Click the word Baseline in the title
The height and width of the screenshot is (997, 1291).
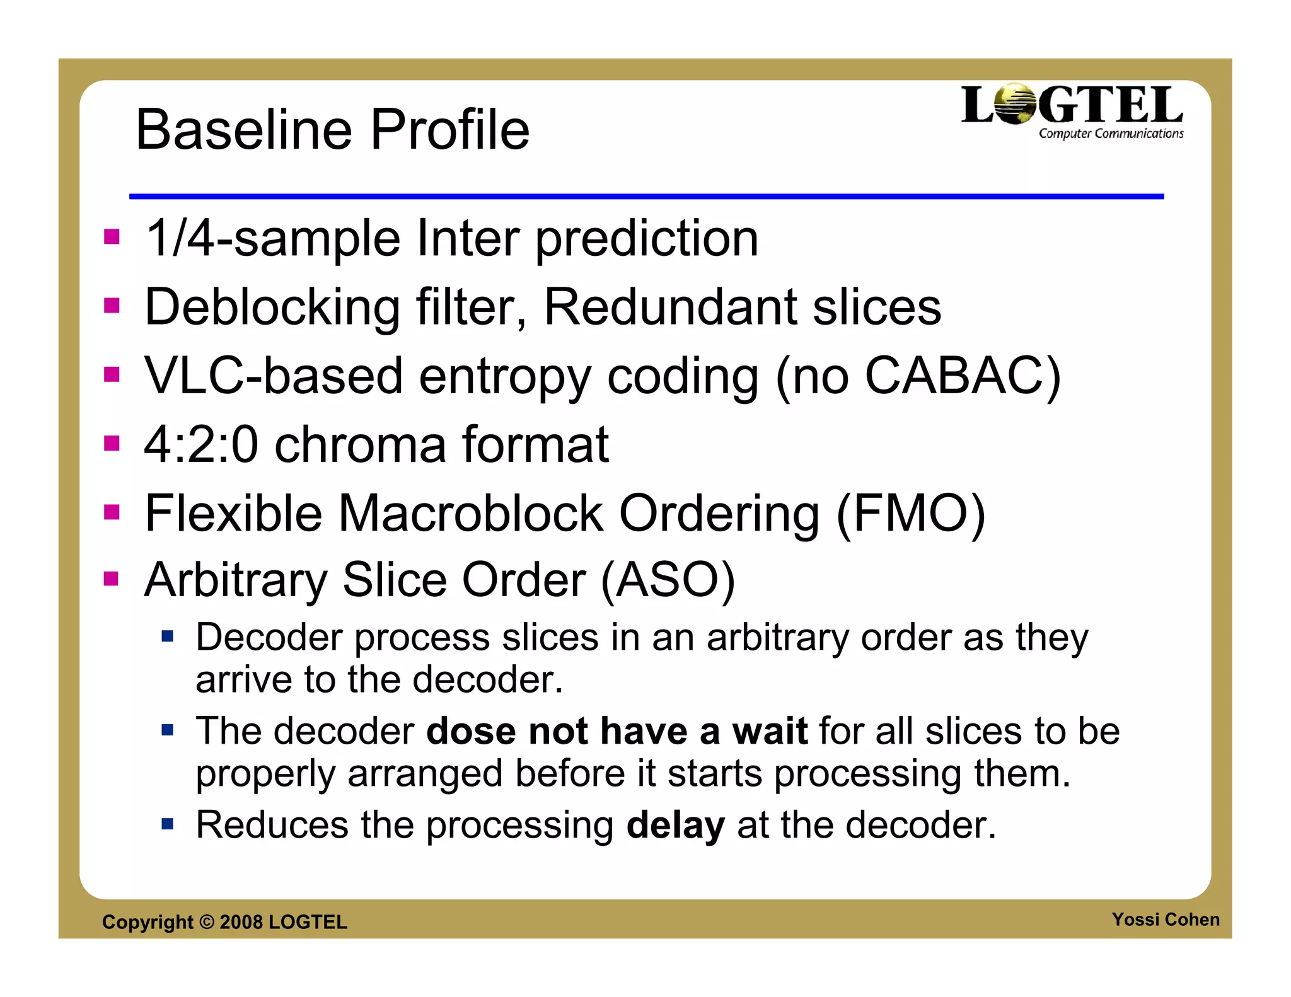pos(244,130)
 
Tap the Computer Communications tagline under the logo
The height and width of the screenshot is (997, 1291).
pos(1111,134)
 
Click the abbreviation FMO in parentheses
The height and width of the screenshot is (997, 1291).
pos(910,513)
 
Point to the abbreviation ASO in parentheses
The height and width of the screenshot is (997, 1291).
pos(668,580)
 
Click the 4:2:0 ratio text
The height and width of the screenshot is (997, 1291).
pos(201,444)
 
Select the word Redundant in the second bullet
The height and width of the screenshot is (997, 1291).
pos(670,307)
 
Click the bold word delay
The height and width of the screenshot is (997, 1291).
pos(675,825)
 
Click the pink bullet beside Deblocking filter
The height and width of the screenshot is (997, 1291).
pos(112,306)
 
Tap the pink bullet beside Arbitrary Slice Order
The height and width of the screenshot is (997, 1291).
pos(112,579)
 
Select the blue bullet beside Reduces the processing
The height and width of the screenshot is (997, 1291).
pos(167,824)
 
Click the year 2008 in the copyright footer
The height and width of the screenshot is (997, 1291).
pos(241,922)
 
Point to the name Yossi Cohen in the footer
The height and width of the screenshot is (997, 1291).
pos(1165,919)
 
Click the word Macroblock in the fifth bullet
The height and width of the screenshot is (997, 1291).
pos(470,513)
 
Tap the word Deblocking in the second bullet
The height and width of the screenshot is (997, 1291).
pos(272,307)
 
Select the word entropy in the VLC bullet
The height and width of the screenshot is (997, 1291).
pos(504,376)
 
